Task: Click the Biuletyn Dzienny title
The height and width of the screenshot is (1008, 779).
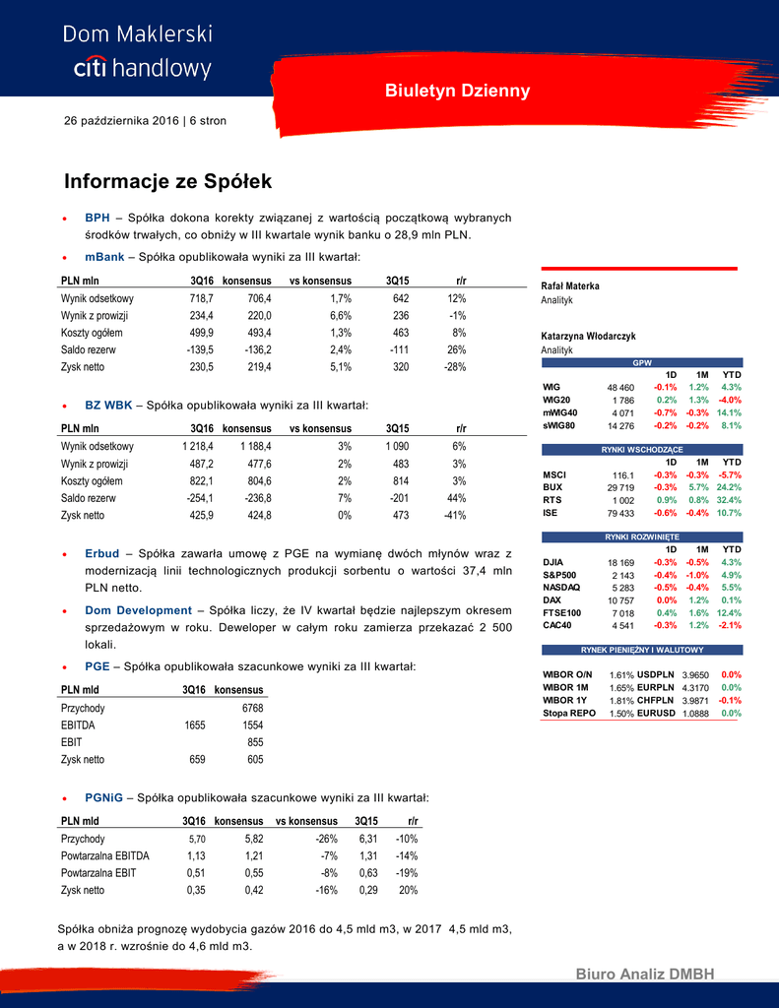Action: click(x=457, y=92)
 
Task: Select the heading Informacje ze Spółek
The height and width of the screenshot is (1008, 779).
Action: click(x=167, y=182)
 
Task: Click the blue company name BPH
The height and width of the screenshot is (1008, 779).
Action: click(x=97, y=218)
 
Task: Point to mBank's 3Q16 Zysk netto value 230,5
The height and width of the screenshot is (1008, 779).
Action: click(x=201, y=366)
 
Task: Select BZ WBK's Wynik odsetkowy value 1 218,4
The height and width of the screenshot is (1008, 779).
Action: click(x=198, y=446)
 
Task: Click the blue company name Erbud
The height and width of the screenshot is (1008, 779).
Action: click(x=101, y=553)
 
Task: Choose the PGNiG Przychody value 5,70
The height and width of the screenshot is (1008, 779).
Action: click(x=197, y=839)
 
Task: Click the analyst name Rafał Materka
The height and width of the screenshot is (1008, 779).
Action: click(x=570, y=285)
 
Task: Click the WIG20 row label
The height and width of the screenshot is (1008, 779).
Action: click(x=556, y=400)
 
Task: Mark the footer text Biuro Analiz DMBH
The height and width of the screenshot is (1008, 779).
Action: click(x=645, y=975)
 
